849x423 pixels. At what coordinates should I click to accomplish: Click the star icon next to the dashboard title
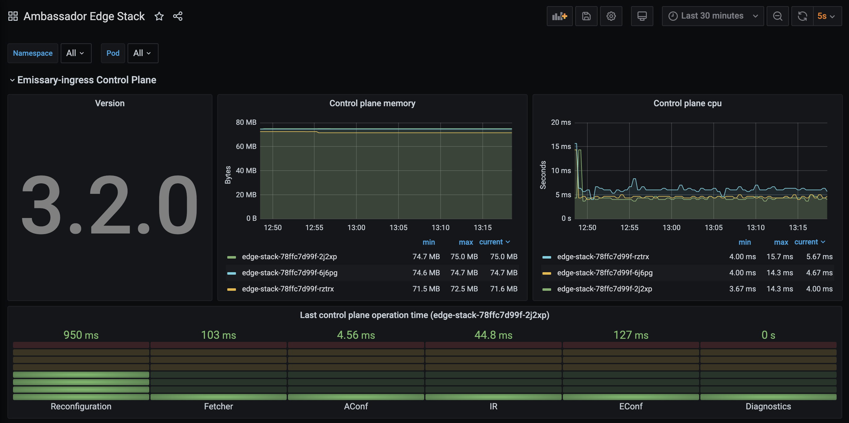[159, 16]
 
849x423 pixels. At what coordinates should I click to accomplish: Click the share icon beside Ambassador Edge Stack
[178, 16]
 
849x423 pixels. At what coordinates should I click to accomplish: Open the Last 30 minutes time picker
[712, 16]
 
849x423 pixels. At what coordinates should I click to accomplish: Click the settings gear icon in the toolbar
[611, 16]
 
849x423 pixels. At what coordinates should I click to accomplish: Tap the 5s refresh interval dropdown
[825, 16]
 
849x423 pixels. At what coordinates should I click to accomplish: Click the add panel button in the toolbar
[559, 16]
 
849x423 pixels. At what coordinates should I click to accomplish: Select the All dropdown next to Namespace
[76, 53]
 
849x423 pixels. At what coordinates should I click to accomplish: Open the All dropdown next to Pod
[142, 53]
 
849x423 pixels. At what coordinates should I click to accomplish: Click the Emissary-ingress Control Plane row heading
[87, 80]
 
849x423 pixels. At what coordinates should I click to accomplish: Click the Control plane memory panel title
[372, 103]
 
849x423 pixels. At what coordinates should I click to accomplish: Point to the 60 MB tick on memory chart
[246, 146]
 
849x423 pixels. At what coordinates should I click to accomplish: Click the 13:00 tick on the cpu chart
[671, 228]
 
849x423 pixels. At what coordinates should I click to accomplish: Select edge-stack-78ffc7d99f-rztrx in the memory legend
[288, 289]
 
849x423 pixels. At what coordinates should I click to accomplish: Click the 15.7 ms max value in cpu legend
[779, 256]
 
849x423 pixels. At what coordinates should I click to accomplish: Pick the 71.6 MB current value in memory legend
[503, 289]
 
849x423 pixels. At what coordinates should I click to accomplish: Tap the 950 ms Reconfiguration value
[81, 335]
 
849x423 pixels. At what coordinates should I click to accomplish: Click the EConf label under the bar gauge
[630, 406]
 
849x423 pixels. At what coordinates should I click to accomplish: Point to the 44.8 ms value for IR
[493, 335]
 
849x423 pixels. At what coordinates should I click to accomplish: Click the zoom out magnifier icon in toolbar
[777, 16]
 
